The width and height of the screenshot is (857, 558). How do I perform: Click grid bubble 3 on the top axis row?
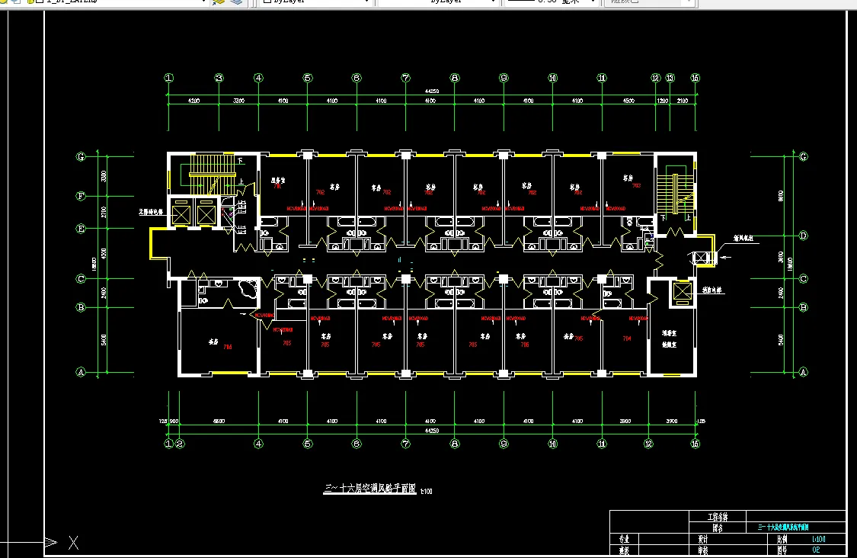click(219, 78)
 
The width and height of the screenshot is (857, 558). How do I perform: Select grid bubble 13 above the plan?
click(670, 78)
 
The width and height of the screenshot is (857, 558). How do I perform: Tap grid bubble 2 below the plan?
click(181, 443)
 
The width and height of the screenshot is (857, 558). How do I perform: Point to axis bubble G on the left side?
click(80, 157)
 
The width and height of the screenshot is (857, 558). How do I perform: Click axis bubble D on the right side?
click(803, 236)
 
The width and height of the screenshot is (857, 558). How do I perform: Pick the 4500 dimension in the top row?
click(628, 101)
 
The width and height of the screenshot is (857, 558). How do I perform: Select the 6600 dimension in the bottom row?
click(219, 421)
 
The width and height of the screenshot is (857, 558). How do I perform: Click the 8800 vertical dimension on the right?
click(780, 195)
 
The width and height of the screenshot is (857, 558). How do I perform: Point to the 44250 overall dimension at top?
click(431, 91)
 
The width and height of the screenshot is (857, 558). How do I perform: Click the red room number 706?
click(227, 348)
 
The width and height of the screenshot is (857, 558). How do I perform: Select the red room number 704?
click(627, 338)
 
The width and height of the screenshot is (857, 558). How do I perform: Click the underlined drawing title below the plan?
click(370, 489)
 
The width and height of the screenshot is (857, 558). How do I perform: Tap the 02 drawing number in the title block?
click(816, 549)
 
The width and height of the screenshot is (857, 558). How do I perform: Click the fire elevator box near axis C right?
click(682, 292)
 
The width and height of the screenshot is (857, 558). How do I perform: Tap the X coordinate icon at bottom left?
click(73, 543)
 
